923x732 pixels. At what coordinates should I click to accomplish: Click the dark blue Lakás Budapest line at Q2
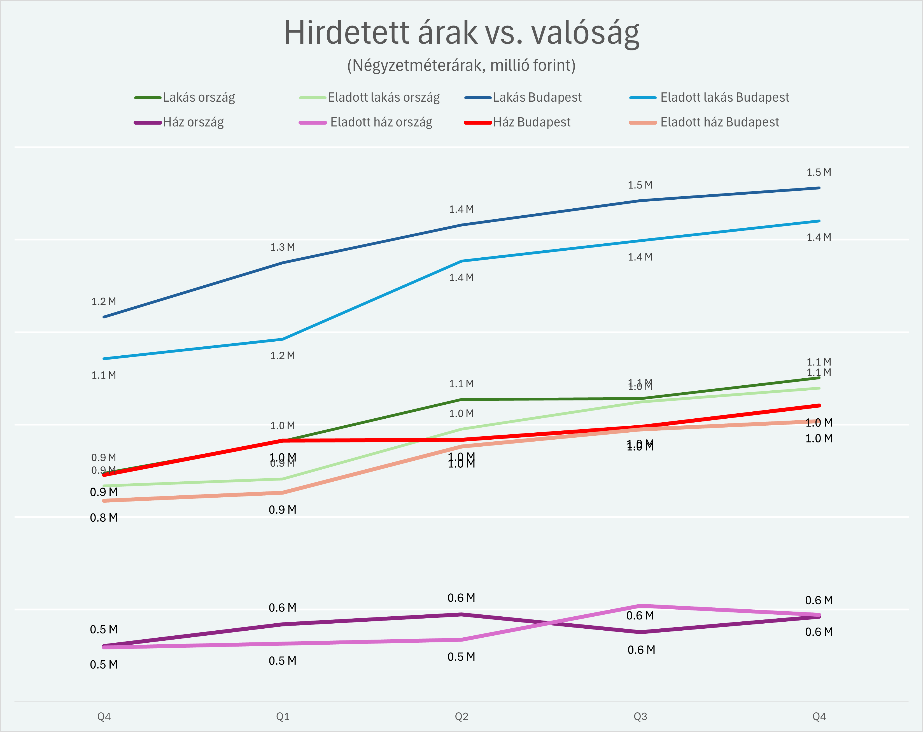[x=461, y=225]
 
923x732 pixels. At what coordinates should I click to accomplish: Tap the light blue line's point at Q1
[x=283, y=339]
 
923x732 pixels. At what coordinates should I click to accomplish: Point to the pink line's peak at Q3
[x=640, y=606]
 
